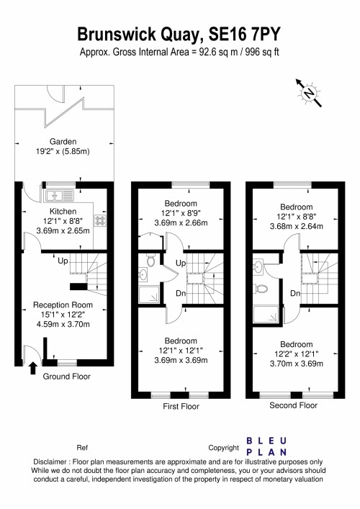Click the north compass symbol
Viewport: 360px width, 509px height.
tap(308, 92)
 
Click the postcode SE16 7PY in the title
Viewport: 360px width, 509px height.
tap(247, 34)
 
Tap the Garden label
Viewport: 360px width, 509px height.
tap(63, 142)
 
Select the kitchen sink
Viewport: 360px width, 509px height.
tap(58, 195)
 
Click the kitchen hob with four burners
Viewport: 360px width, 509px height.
tap(101, 221)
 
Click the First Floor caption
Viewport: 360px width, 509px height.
tap(181, 407)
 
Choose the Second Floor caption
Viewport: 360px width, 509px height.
tap(293, 406)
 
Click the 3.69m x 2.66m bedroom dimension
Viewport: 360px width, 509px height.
tap(181, 224)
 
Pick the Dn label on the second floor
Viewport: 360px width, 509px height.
tap(295, 293)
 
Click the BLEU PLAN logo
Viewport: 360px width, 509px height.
tap(266, 446)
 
